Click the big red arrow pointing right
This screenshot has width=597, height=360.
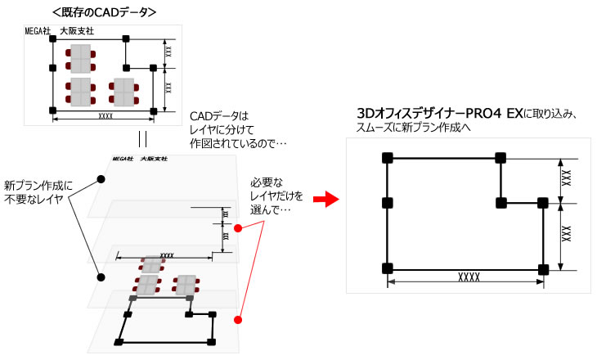(x=326, y=199)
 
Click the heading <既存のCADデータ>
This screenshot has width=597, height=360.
(x=104, y=12)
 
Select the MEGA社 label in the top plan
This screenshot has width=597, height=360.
(x=38, y=31)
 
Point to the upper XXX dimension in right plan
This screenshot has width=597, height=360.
(x=565, y=181)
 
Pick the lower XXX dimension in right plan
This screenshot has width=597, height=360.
(x=565, y=234)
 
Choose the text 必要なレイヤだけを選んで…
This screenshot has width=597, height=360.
(x=273, y=196)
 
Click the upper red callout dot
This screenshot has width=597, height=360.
(x=238, y=228)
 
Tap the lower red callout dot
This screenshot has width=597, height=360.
(x=238, y=320)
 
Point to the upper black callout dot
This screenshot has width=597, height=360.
(x=101, y=178)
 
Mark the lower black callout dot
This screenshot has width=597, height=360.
(x=101, y=277)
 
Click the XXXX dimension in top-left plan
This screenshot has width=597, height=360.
(x=105, y=117)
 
